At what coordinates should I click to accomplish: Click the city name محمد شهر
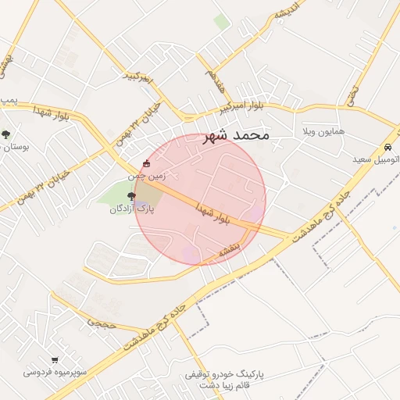(x=236, y=135)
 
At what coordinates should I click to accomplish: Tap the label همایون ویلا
(x=321, y=134)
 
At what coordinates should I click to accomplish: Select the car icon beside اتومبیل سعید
(x=387, y=148)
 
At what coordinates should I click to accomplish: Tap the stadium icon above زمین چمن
(x=146, y=164)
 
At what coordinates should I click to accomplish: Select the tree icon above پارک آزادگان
(x=130, y=197)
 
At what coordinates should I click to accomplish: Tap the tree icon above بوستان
(x=5, y=134)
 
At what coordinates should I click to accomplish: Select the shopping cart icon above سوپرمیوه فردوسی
(x=54, y=360)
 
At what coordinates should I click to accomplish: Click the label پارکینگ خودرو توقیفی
(x=224, y=374)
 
